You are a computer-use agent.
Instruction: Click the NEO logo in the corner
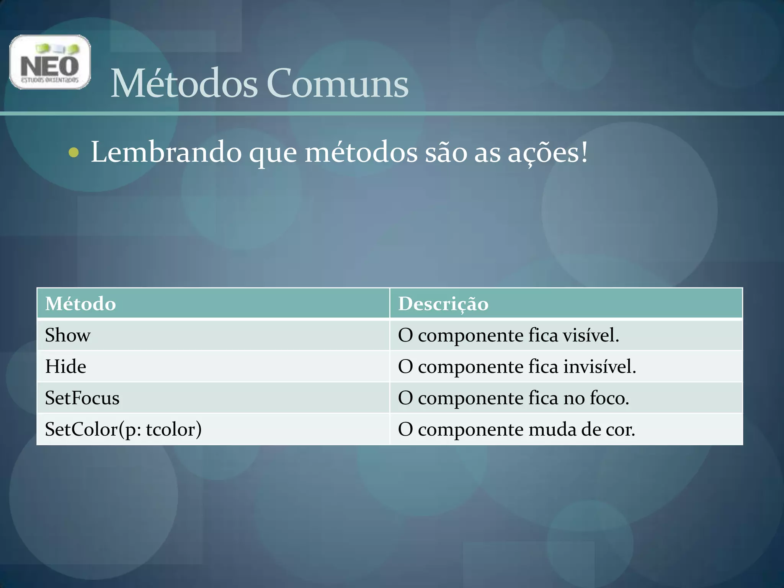point(50,62)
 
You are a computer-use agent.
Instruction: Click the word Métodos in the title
point(184,83)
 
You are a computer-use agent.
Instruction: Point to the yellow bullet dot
point(73,153)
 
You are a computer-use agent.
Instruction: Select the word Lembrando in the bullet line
point(166,152)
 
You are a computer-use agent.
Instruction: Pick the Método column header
point(80,304)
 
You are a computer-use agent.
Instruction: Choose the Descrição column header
point(443,304)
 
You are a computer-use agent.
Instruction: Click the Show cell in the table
point(68,335)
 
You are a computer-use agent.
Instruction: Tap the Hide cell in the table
point(65,367)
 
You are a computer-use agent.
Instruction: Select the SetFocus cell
point(82,398)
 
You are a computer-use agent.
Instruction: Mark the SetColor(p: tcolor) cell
point(123,430)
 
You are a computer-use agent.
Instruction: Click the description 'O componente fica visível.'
point(508,335)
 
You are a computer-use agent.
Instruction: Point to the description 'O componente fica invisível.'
point(517,367)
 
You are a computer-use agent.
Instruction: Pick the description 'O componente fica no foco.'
point(513,398)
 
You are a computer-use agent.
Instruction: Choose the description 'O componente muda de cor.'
point(516,430)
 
